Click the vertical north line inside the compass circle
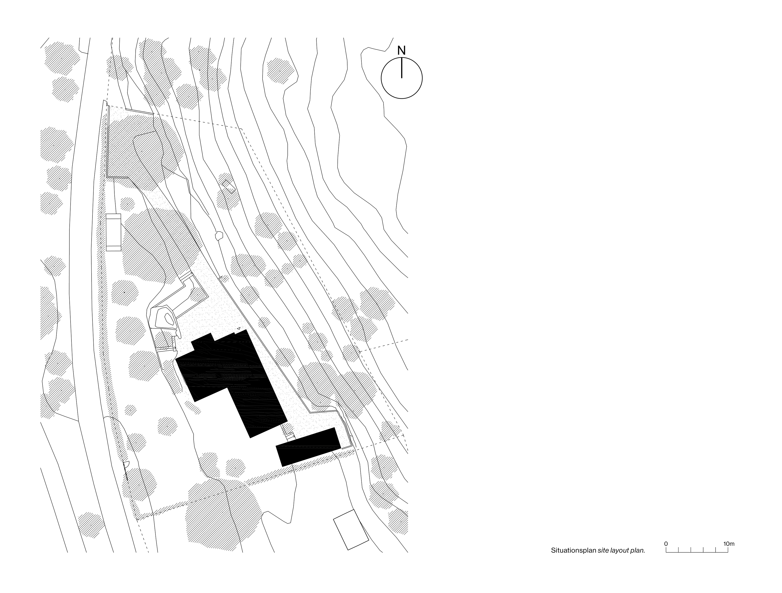[x=402, y=68]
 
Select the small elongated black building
[x=308, y=447]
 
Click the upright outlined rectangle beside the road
[x=113, y=232]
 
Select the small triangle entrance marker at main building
[x=239, y=329]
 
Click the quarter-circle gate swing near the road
[x=126, y=465]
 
